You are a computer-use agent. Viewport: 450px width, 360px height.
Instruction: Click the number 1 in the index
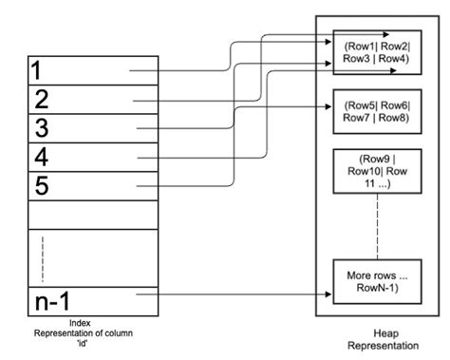(36, 70)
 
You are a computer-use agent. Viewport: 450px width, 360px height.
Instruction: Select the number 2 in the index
(40, 99)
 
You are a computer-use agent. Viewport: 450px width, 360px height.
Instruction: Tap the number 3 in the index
(40, 127)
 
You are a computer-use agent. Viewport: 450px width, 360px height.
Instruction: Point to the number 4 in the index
(40, 156)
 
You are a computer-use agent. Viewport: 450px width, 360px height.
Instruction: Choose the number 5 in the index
(40, 184)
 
